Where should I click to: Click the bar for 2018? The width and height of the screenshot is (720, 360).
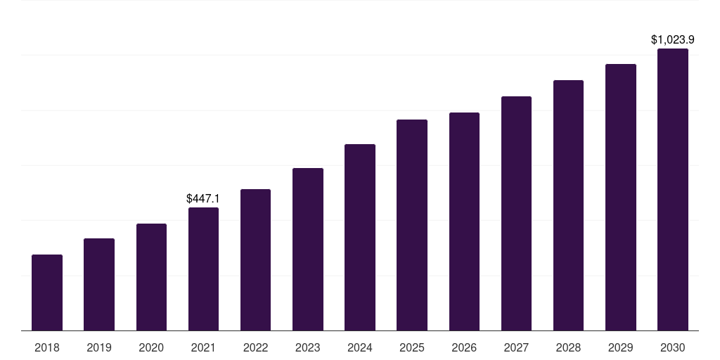click(x=47, y=292)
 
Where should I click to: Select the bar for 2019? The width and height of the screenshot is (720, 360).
click(x=99, y=285)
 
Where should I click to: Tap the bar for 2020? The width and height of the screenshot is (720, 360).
click(x=151, y=277)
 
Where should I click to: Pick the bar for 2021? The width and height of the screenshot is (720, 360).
click(x=203, y=269)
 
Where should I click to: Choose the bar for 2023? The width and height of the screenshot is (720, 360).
click(x=308, y=250)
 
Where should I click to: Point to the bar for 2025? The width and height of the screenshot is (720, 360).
click(x=412, y=225)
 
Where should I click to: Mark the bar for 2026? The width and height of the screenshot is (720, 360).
click(x=464, y=221)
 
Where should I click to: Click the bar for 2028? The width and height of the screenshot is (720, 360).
click(x=568, y=205)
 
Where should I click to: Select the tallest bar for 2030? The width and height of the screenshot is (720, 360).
click(x=673, y=190)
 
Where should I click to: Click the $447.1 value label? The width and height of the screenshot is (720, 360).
click(x=203, y=199)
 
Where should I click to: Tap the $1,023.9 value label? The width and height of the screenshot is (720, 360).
click(x=673, y=40)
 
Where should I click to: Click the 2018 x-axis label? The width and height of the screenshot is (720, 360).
click(x=47, y=347)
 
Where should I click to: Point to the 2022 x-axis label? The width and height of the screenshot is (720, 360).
click(x=256, y=347)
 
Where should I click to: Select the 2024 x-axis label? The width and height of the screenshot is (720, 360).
click(x=360, y=347)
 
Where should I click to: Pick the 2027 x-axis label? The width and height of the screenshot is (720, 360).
click(x=516, y=347)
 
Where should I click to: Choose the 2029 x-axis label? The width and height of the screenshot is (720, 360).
click(x=621, y=347)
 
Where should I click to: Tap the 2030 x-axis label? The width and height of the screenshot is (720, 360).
click(x=673, y=347)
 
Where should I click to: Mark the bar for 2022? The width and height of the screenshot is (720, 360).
click(x=256, y=260)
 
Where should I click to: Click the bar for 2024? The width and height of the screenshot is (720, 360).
click(x=360, y=238)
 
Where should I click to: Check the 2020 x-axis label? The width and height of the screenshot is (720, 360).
click(x=151, y=347)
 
